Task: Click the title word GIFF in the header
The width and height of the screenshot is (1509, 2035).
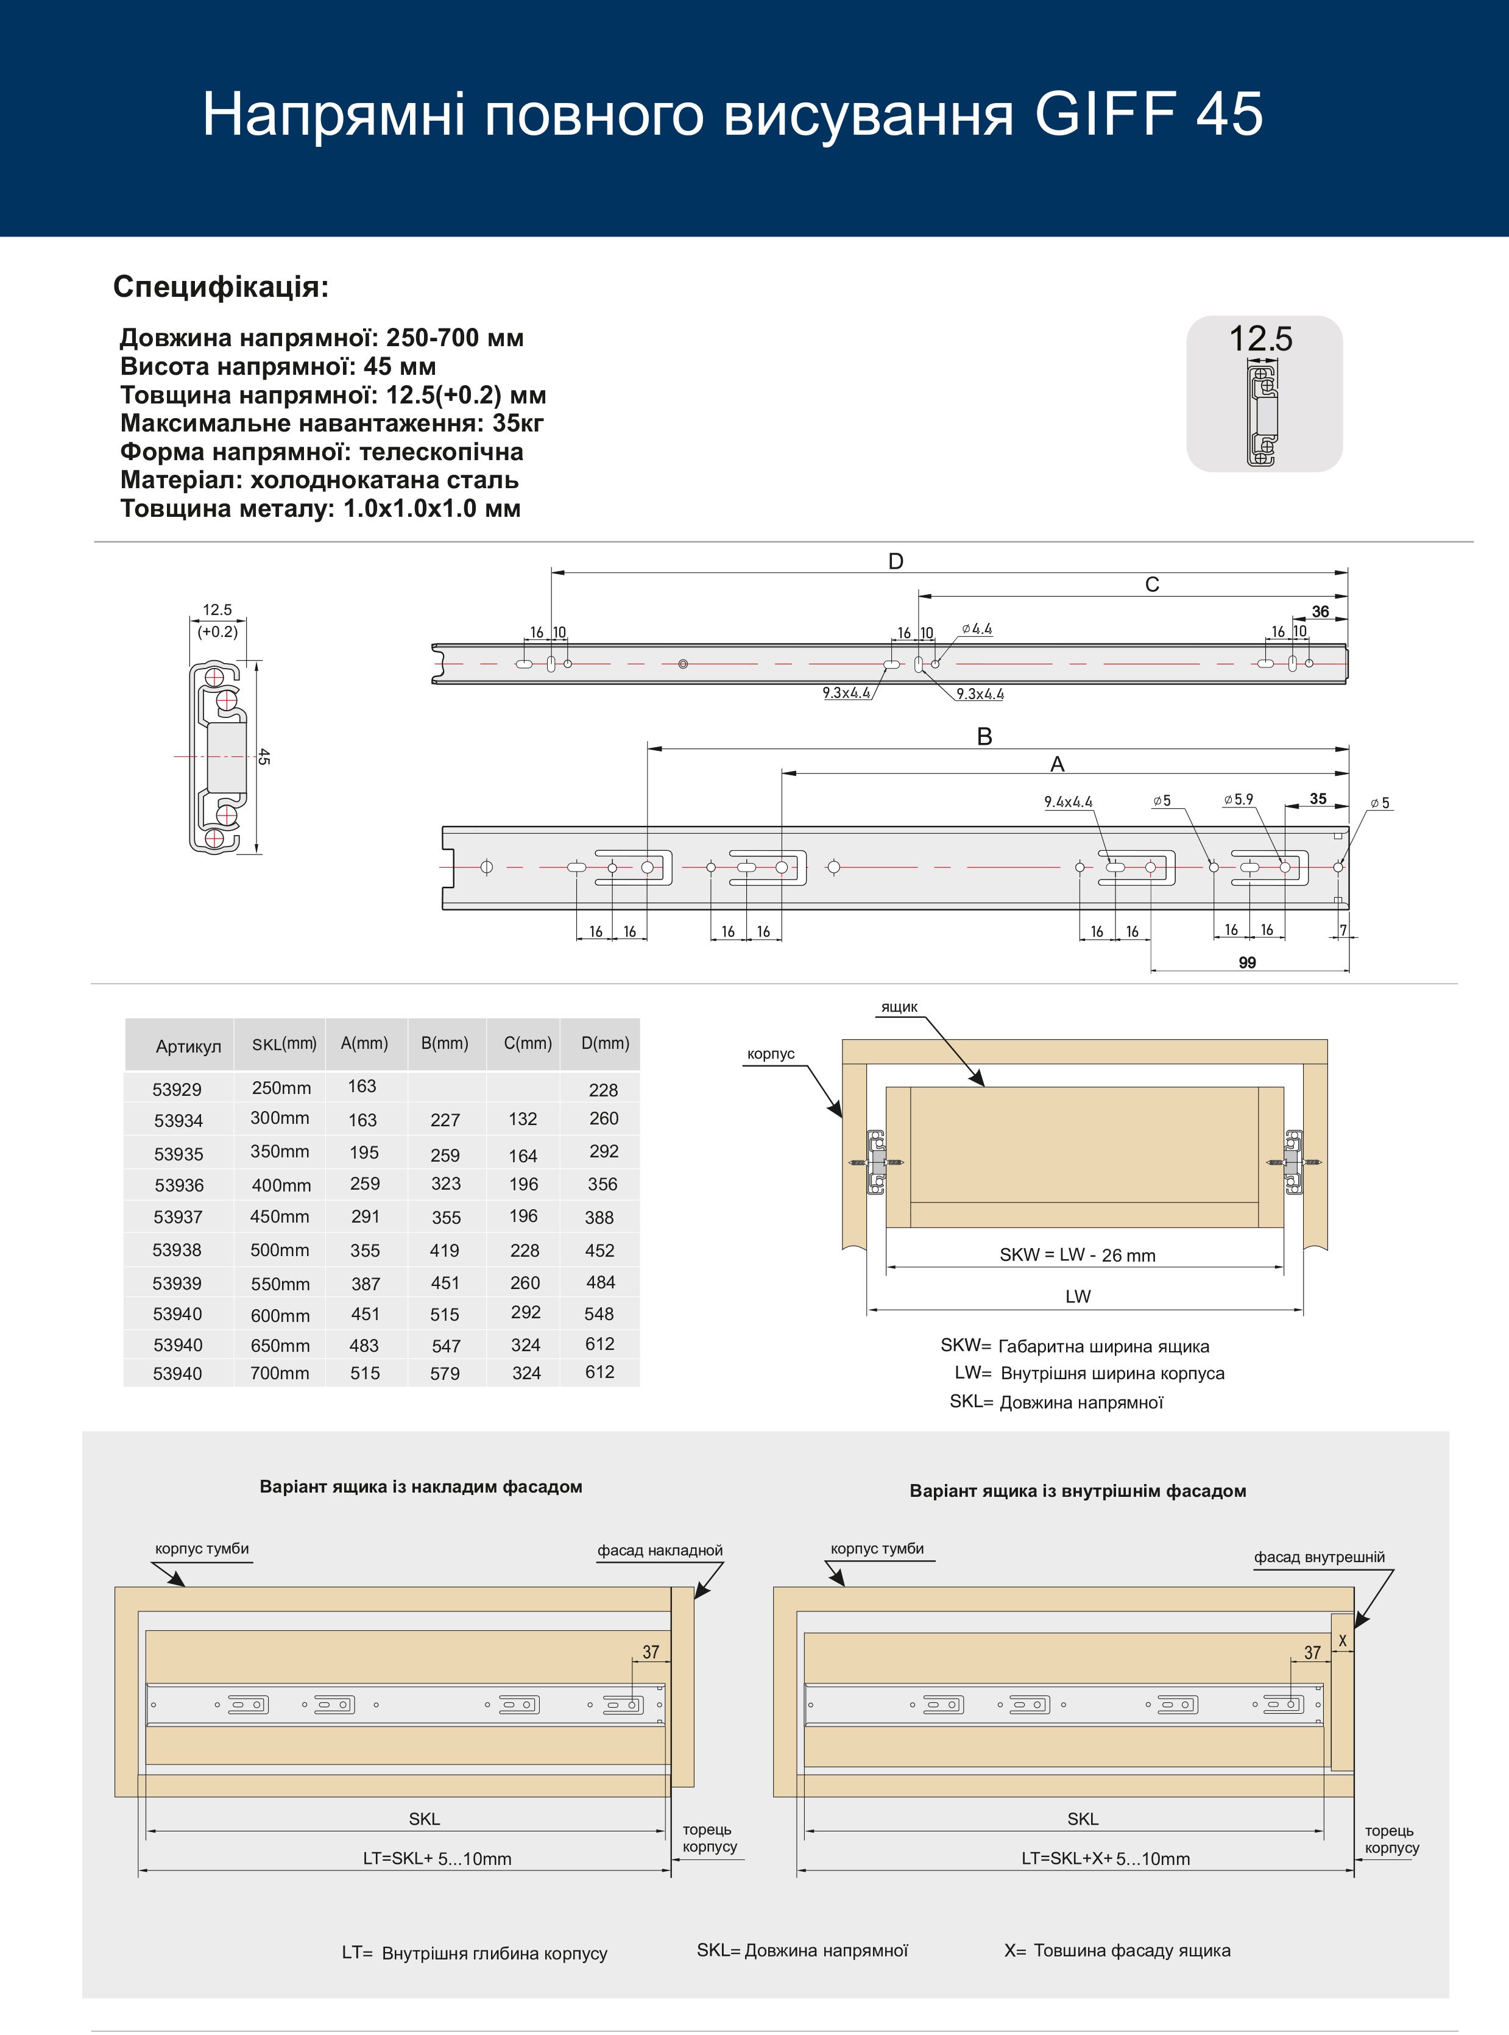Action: tap(1105, 114)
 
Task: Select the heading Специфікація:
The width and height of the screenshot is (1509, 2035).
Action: tap(220, 287)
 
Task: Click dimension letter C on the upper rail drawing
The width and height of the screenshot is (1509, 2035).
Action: tap(1152, 585)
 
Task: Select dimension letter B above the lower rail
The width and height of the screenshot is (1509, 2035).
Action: tap(984, 736)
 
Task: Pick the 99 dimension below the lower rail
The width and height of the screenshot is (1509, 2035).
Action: tap(1247, 962)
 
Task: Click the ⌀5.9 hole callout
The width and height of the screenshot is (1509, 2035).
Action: tap(1239, 800)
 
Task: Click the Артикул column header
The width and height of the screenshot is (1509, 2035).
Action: tap(188, 1046)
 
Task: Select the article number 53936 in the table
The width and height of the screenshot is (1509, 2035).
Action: tap(179, 1185)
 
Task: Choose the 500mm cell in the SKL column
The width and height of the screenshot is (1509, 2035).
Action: tap(280, 1250)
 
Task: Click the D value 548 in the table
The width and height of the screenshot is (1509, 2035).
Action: tap(599, 1314)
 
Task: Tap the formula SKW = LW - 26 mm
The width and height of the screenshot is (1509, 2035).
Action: tap(1077, 1255)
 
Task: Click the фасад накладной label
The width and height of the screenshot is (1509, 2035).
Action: tap(660, 1550)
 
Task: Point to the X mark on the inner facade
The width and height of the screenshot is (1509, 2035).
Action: tap(1342, 1641)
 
